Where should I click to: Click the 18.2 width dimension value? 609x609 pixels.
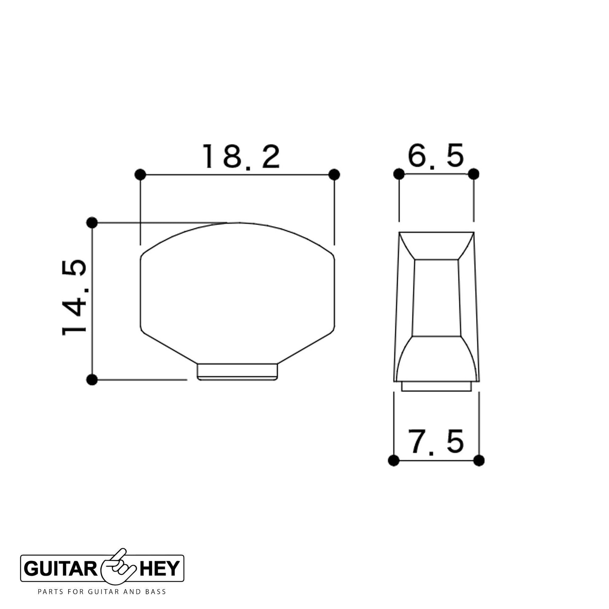(x=241, y=157)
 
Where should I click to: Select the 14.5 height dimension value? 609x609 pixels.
(x=75, y=298)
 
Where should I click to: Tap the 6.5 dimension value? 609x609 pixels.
(x=435, y=156)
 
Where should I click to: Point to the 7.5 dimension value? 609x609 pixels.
(x=436, y=442)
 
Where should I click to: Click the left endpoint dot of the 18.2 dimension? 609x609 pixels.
(x=140, y=174)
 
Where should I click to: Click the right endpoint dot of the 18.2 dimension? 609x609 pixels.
(x=334, y=174)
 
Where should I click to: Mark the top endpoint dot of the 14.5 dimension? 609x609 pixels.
(x=91, y=223)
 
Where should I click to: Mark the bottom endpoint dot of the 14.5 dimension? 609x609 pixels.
(x=91, y=379)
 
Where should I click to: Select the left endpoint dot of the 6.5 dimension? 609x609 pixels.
(x=399, y=174)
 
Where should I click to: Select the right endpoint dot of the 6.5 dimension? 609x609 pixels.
(x=474, y=174)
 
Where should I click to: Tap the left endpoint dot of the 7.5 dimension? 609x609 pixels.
(x=393, y=460)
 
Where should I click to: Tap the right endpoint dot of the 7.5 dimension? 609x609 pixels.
(x=479, y=460)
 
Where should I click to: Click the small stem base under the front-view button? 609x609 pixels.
(x=237, y=371)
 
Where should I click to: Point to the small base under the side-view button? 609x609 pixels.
(x=436, y=386)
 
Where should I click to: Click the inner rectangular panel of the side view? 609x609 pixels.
(x=436, y=298)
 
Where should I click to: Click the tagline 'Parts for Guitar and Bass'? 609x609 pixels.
(x=102, y=592)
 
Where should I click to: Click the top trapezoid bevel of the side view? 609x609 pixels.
(x=436, y=245)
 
